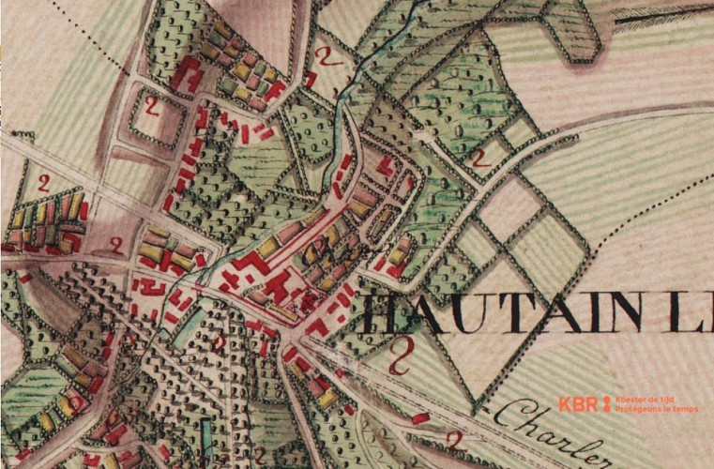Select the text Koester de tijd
pos(644,399)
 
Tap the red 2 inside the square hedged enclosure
pos(151,108)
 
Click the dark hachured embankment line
pos(647,21)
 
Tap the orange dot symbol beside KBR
pos(606,404)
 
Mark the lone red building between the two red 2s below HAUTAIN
pos(420,416)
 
